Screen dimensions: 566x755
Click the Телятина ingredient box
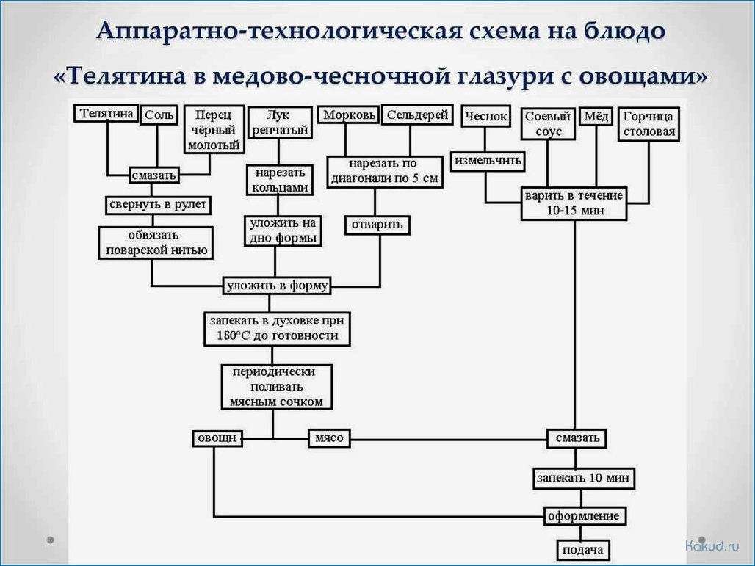coord(106,113)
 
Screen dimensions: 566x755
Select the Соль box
coord(159,115)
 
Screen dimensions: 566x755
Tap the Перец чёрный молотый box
coord(214,130)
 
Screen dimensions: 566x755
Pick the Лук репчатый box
coord(278,123)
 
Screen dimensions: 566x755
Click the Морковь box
coord(349,115)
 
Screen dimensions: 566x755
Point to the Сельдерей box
coord(417,115)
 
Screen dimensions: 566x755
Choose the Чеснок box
coord(485,116)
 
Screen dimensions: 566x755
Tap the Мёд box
coord(597,116)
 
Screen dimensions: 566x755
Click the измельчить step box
coord(488,160)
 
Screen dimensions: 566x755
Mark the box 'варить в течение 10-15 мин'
coord(574,203)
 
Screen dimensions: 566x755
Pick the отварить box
coord(378,224)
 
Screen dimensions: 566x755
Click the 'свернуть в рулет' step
coord(158,204)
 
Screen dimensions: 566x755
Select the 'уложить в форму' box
coord(277,285)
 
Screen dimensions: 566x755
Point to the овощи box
coord(217,438)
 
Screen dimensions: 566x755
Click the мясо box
coord(329,438)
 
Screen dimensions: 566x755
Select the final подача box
coord(582,550)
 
